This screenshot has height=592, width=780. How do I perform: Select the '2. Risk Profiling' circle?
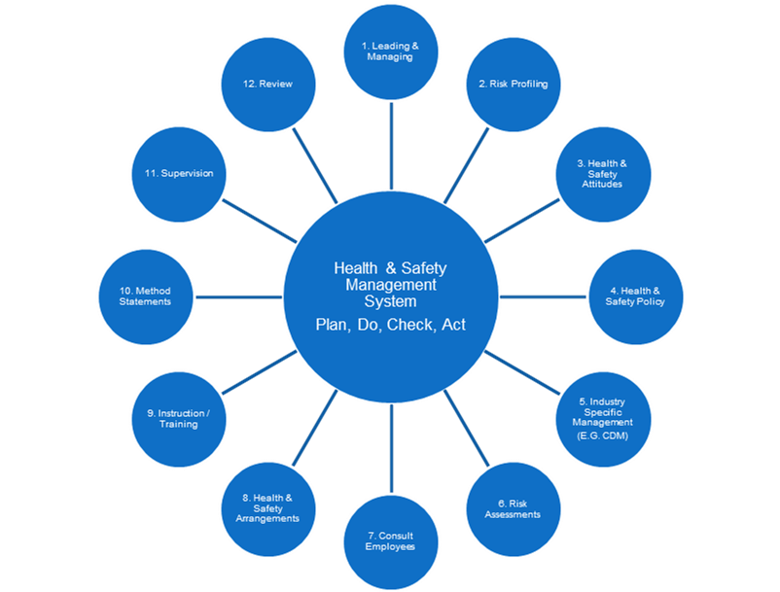coord(513,84)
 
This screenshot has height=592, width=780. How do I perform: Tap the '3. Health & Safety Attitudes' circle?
coord(602,173)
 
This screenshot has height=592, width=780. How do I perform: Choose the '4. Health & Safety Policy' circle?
coord(635,296)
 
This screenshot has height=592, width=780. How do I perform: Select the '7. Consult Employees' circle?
coord(390,540)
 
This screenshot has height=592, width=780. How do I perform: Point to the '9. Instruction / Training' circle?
coord(178,418)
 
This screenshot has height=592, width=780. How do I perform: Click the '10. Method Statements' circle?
coord(145,296)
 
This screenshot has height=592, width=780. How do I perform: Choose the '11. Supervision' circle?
coord(178,173)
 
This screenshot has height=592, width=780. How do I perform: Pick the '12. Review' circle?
coord(266,84)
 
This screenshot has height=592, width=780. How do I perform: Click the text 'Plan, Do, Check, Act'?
coord(390,325)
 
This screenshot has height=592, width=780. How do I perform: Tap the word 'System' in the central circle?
coord(390,302)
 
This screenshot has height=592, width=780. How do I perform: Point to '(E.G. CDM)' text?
coord(604,436)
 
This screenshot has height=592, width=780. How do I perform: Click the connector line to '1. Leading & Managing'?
coord(390,146)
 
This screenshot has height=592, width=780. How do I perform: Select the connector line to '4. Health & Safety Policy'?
coord(542,296)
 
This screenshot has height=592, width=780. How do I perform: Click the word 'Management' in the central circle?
coord(390,285)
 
